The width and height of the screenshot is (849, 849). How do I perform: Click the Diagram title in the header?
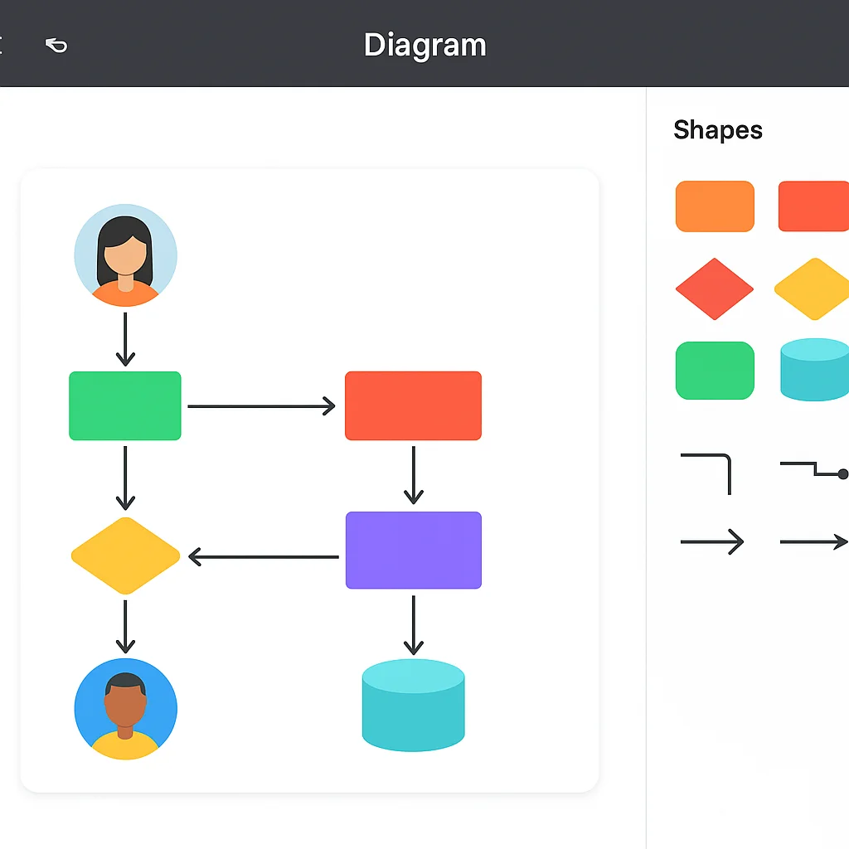coord(424,45)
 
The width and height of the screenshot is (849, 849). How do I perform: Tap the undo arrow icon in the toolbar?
coord(56,45)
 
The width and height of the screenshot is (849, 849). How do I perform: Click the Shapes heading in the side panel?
coord(717,130)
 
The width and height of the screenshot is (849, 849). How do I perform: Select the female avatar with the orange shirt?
coord(125,255)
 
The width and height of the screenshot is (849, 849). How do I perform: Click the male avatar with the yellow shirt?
coord(125,710)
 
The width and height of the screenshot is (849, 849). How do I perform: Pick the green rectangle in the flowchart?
coord(125,405)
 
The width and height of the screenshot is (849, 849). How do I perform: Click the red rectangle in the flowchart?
coord(413,405)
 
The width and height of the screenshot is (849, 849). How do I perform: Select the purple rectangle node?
coord(413,550)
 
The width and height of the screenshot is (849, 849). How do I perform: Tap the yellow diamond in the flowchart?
coord(125,555)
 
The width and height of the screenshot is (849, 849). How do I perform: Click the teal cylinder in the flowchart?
coord(413,705)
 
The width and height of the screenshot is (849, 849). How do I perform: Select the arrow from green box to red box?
coord(261,406)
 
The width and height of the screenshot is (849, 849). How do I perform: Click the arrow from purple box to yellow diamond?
coord(264,556)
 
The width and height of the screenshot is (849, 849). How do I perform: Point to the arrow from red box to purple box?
coord(413,475)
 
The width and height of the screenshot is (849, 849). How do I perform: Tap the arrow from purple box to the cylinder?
coord(413,624)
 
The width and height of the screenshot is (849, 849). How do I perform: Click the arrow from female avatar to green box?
coord(125,339)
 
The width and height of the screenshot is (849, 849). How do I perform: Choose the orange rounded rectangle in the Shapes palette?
coord(715,206)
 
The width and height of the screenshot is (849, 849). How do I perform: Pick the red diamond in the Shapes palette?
coord(715,289)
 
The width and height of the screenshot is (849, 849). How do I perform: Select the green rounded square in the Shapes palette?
coord(715,371)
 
